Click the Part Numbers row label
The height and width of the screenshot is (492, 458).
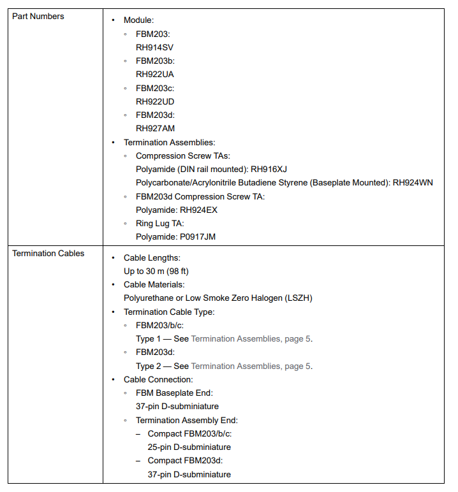(x=38, y=17)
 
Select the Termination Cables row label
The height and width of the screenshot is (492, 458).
(x=48, y=254)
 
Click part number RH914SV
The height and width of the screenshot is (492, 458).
(x=154, y=47)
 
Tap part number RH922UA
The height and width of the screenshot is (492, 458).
(x=155, y=74)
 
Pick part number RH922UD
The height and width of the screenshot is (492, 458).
(x=155, y=101)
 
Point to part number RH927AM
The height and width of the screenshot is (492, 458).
(x=155, y=128)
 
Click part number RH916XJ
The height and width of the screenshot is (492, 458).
(x=269, y=170)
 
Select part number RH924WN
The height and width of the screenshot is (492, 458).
(x=413, y=183)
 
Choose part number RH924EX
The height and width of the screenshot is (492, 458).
(x=198, y=210)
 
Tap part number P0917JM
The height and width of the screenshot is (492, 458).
(x=199, y=237)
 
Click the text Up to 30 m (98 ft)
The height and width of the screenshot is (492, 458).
(x=156, y=271)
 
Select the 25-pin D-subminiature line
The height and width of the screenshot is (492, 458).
(x=189, y=447)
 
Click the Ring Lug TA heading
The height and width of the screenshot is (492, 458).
(x=159, y=224)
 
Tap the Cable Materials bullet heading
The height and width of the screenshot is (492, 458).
(x=154, y=285)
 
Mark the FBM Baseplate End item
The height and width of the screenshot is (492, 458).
(x=174, y=393)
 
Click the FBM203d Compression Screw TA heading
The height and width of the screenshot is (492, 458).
(x=200, y=196)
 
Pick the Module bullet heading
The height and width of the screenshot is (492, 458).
(x=138, y=20)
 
